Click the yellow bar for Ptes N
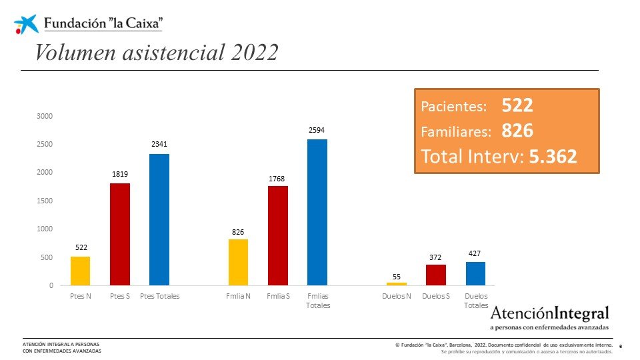[80, 271]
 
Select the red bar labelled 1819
[120, 234]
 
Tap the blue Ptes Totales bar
[159, 219]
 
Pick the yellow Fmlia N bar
[239, 262]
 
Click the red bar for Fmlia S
[278, 235]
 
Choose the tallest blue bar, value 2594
[317, 212]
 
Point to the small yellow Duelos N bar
[397, 284]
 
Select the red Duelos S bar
[436, 275]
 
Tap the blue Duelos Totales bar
[475, 273]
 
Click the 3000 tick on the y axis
[45, 116]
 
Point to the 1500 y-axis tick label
[45, 201]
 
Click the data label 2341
[159, 145]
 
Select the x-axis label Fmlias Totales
[317, 301]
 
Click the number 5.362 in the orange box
[553, 157]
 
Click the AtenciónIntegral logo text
[549, 313]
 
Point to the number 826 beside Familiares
[517, 131]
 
